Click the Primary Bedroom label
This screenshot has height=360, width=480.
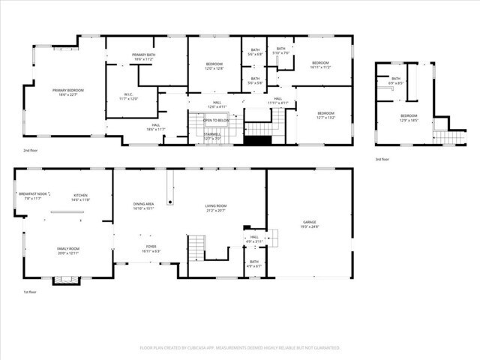pos(68,92)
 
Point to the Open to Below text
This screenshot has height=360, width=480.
pos(215,120)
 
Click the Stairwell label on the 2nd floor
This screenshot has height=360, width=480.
pos(212,136)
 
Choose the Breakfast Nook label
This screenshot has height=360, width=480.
pos(30,196)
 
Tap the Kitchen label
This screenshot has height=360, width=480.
pos(80,196)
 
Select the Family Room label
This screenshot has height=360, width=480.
pos(68,250)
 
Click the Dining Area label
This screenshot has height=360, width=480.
pos(143,206)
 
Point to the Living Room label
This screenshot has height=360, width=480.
pos(215,208)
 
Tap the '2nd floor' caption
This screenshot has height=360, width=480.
pos(31,150)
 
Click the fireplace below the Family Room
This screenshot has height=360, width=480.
pos(64,280)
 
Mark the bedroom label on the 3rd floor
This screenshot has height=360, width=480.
pos(409,117)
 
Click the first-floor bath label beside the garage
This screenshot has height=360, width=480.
pos(255,264)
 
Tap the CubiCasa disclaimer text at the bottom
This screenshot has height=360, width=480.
pos(240,348)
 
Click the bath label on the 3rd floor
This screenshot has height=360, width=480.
pos(395,81)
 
